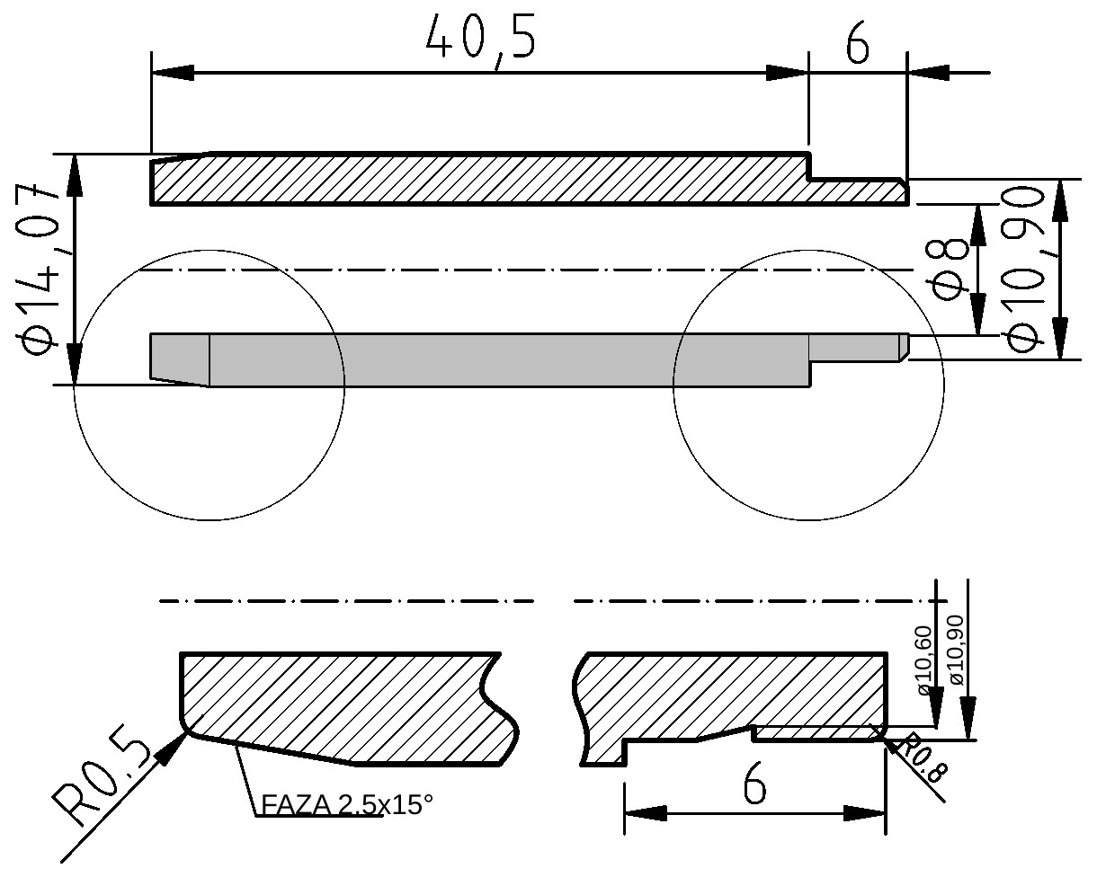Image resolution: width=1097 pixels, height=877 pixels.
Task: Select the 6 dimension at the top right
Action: (857, 43)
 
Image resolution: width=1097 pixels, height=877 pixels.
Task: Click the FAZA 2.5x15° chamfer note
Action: (347, 805)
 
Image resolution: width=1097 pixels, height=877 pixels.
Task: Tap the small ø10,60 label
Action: (925, 660)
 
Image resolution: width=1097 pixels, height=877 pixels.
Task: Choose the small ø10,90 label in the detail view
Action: (957, 651)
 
